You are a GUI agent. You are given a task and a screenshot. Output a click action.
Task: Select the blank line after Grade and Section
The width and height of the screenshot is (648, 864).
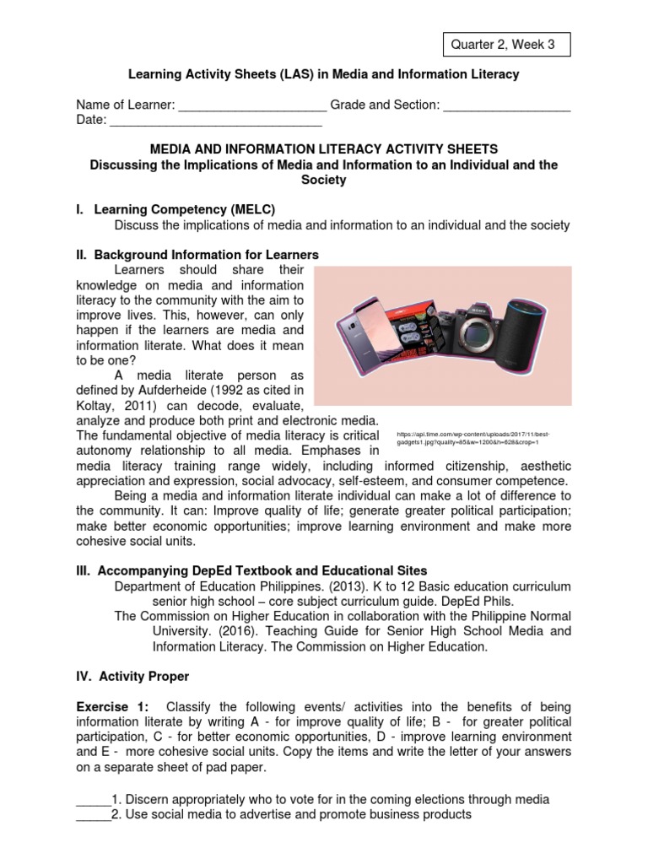click(506, 106)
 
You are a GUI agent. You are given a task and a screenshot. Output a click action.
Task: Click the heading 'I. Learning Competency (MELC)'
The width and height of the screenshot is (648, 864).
click(185, 208)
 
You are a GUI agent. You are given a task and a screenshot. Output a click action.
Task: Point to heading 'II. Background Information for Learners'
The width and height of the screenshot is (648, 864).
click(198, 254)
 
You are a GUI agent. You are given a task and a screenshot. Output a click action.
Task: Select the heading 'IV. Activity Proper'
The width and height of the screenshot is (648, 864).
click(133, 676)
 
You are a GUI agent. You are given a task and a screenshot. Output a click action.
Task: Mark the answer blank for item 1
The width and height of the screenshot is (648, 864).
click(94, 799)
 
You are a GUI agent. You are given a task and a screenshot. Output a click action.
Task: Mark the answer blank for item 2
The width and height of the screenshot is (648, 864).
click(94, 814)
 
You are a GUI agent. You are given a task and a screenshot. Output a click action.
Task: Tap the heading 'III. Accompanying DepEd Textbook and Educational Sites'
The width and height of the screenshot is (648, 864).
click(252, 571)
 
